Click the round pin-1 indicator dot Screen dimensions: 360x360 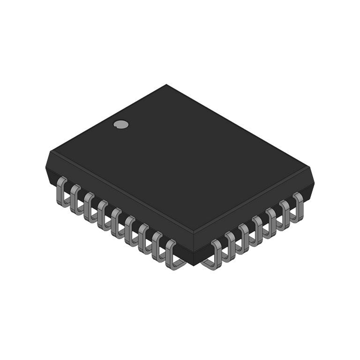(119, 124)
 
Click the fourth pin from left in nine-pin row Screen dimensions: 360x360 (103, 213)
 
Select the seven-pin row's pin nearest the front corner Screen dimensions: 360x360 (216, 254)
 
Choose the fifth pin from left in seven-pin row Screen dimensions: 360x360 (271, 220)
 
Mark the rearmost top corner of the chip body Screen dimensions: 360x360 (167, 85)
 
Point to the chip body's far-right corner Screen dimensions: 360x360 (312, 170)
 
